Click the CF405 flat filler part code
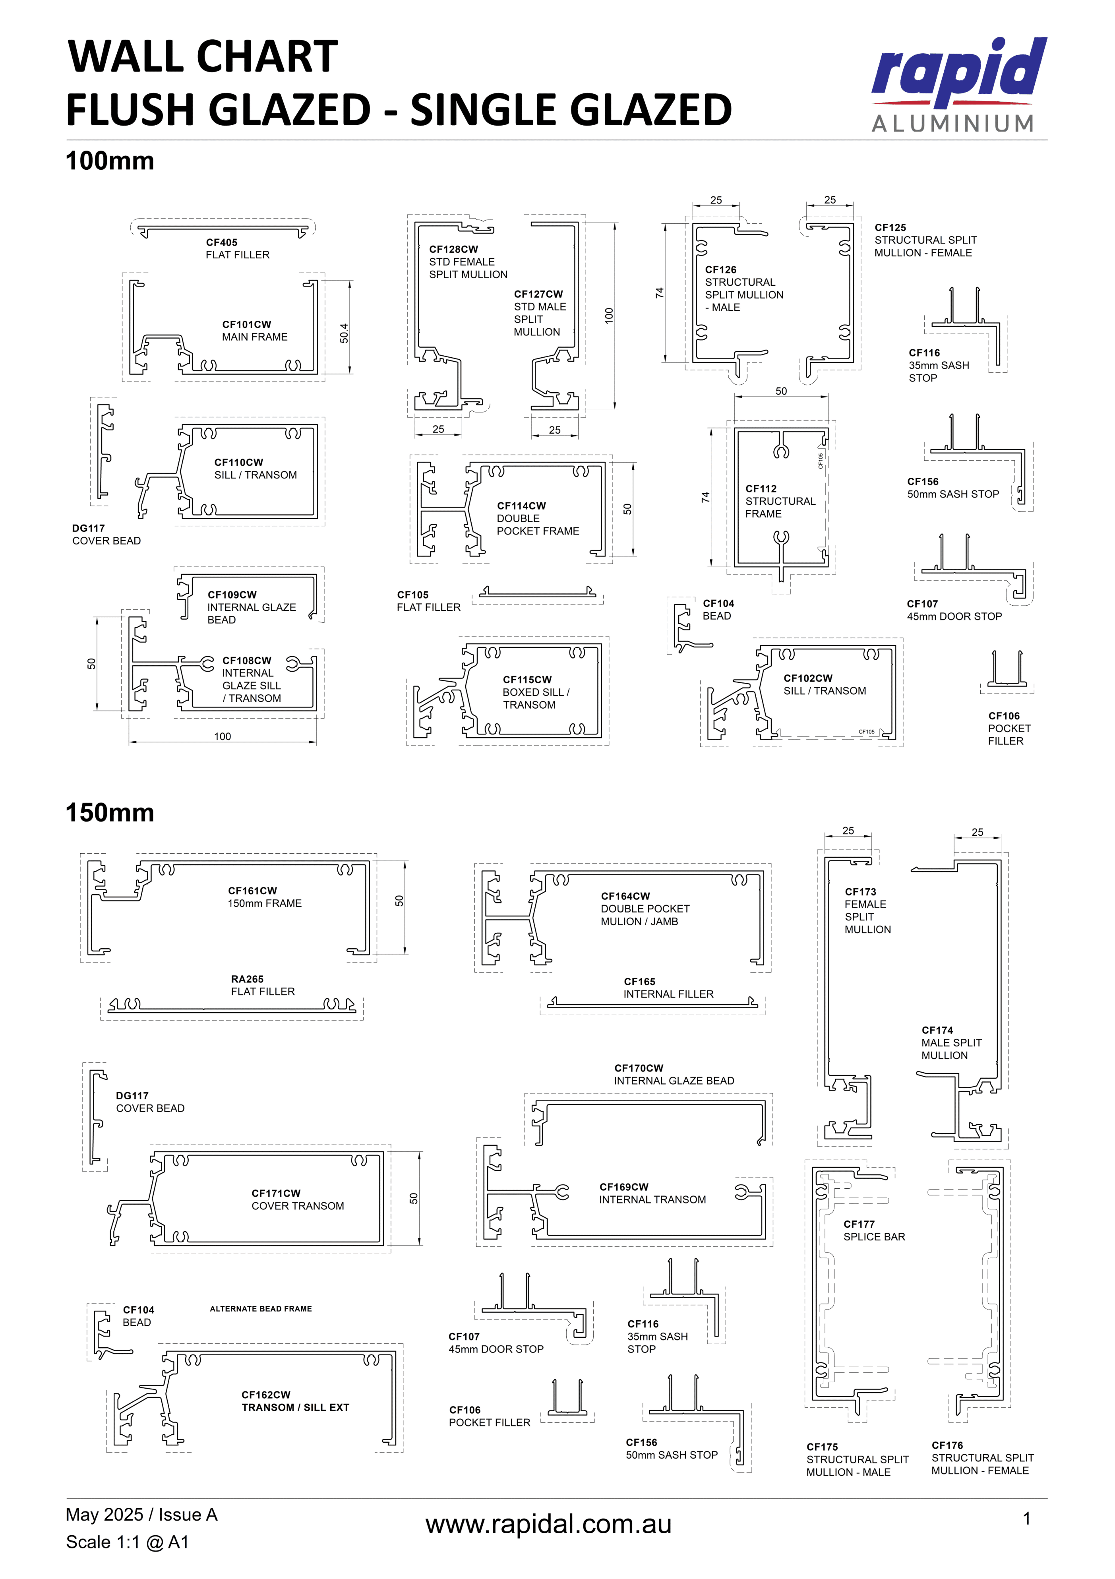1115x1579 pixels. [221, 242]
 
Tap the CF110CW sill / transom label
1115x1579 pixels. [255, 468]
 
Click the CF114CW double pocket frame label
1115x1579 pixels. [538, 518]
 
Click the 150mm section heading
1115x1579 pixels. [110, 812]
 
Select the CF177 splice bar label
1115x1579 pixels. [874, 1230]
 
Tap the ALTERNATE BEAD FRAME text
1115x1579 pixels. [261, 1309]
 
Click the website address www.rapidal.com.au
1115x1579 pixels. [548, 1524]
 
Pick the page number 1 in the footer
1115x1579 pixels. [1026, 1519]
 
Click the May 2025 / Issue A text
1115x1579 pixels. [141, 1514]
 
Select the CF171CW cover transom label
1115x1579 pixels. [297, 1199]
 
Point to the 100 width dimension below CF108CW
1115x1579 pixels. [222, 736]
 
